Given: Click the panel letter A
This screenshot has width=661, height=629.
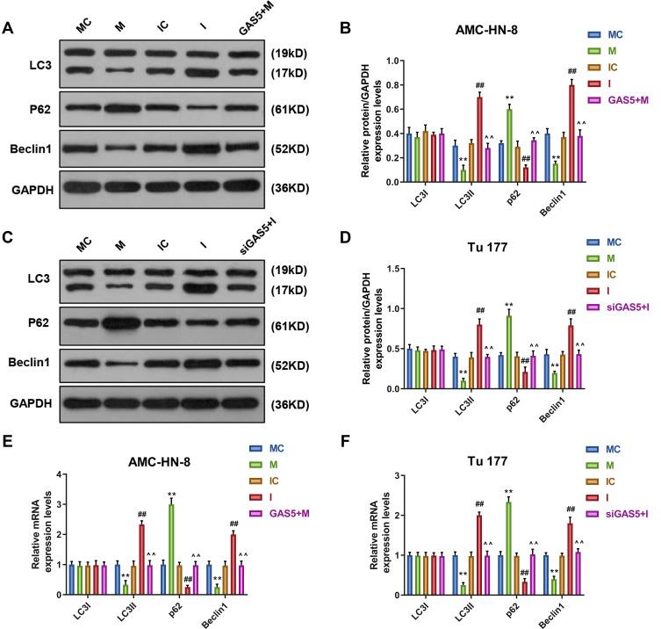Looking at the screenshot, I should click(7, 8).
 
